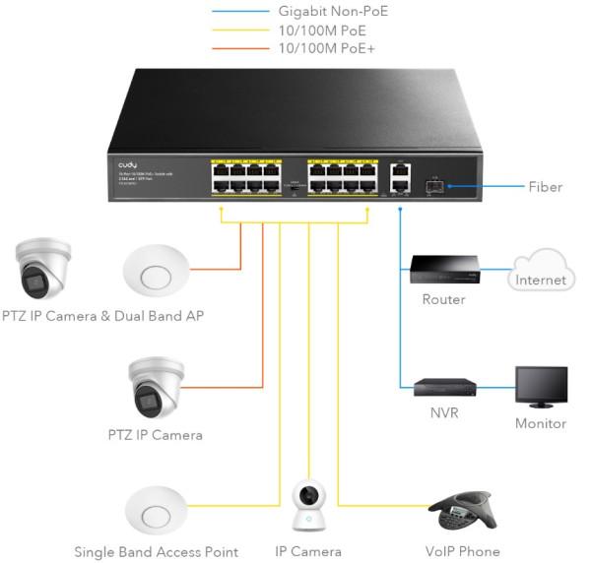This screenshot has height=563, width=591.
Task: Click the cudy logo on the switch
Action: point(128,165)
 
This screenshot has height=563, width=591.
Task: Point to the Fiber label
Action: point(545,185)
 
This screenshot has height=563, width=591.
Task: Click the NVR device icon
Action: point(442,387)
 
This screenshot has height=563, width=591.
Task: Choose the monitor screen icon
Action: point(541,388)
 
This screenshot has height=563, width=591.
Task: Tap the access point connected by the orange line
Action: point(156,269)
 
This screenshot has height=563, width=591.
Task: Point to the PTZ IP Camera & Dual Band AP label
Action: point(102,315)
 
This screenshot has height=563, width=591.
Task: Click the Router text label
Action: point(442,299)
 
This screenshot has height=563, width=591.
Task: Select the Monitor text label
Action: point(541,423)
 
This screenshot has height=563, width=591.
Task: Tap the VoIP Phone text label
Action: point(464,551)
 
